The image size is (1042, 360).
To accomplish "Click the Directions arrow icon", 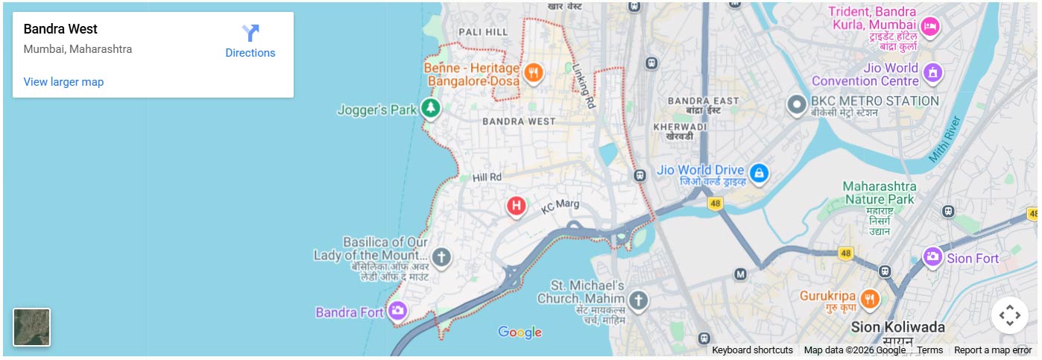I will point(250,33).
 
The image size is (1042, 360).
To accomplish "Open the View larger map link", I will point(63,82).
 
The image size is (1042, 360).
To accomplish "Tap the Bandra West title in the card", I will point(60,29).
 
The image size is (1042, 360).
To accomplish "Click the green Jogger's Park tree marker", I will point(430,109).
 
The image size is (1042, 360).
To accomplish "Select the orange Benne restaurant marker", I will point(533,72).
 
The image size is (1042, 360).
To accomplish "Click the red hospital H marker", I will point(517,205).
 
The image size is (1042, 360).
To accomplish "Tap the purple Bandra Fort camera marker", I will point(398,311).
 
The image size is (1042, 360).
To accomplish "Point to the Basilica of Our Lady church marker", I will point(441,258).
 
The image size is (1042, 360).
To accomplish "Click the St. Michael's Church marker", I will point(637,301).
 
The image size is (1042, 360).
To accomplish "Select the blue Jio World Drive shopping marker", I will point(759,174).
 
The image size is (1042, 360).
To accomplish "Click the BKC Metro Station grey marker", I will point(797,104).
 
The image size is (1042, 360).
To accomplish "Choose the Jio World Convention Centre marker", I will point(932,73).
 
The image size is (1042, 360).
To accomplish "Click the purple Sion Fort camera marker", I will point(932,257).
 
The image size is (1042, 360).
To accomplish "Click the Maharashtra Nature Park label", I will point(879,192).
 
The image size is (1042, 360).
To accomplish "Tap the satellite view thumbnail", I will point(32,327).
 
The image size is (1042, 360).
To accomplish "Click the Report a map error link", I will point(993,350).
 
